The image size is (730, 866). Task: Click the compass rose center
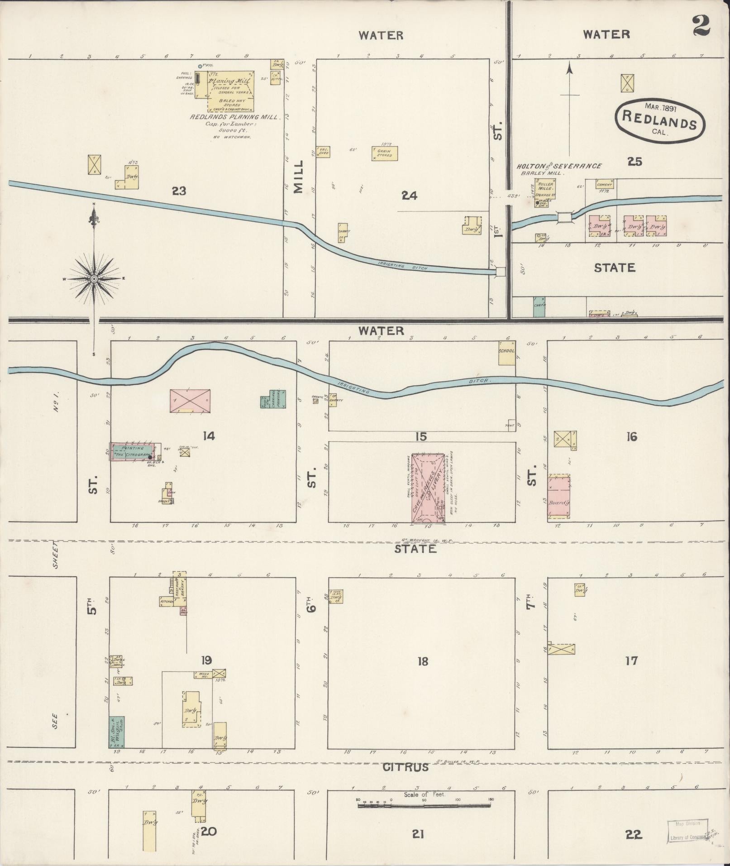click(94, 278)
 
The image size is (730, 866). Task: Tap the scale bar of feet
click(424, 806)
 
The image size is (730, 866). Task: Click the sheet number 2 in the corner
click(701, 27)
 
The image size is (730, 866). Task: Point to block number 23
click(179, 191)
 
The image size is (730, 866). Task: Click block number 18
click(423, 661)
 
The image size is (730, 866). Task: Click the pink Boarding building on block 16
click(559, 496)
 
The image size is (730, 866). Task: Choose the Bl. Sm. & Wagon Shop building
click(117, 732)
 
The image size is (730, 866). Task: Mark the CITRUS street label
click(406, 767)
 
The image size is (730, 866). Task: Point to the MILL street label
click(299, 177)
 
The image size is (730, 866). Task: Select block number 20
click(209, 831)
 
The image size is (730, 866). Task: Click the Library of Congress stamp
click(686, 832)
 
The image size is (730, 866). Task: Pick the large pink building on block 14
click(190, 401)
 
